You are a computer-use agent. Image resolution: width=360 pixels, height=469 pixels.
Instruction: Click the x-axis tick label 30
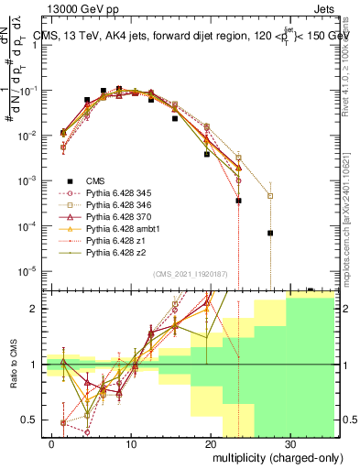pos(289,442)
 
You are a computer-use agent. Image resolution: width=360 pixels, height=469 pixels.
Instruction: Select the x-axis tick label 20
pos(211,442)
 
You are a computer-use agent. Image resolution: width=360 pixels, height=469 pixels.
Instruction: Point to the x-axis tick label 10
pos(132,442)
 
